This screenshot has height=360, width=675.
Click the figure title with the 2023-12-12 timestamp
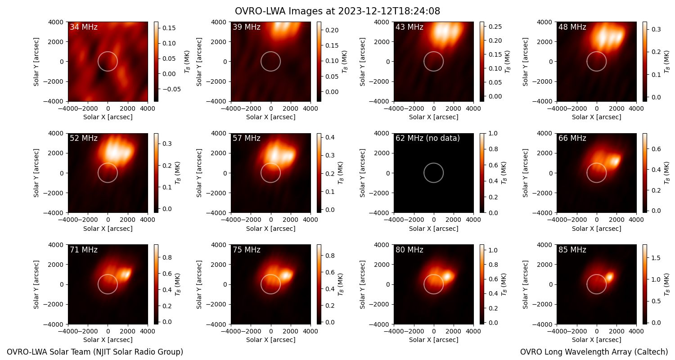point(337,11)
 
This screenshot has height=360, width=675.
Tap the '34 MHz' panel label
point(84,27)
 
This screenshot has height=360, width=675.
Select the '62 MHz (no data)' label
point(427,138)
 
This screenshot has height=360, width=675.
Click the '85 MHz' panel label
point(572,250)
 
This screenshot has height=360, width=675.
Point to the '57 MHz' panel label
point(247,138)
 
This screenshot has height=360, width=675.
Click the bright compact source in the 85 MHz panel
point(610,276)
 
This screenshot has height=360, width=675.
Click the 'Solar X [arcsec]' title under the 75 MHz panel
point(270,340)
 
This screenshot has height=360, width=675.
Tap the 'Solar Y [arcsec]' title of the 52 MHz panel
point(36,173)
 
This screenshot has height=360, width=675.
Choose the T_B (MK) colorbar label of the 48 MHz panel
point(667,62)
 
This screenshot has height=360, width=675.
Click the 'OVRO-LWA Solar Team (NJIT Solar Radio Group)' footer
point(95,352)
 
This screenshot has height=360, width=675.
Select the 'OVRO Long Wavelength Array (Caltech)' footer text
point(594,352)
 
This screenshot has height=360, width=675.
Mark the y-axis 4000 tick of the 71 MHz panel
point(58,245)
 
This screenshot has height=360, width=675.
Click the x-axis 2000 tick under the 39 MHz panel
point(291,108)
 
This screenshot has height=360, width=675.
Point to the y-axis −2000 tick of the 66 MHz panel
point(543,193)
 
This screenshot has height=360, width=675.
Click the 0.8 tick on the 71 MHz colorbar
point(167,257)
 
